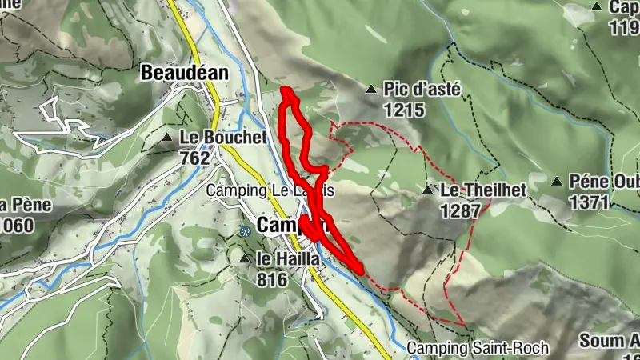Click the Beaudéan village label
coord(184,73)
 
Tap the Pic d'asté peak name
coord(422,90)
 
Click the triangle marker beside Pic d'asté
coord(371,90)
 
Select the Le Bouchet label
coord(223,138)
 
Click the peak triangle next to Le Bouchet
coord(167,138)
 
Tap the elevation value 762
coord(194,158)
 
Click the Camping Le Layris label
coord(269,191)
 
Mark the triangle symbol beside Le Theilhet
coord(429,190)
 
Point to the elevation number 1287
coord(460,210)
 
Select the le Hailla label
coord(288,259)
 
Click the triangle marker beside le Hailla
coord(244,258)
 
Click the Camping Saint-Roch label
coord(478,348)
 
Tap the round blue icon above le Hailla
coord(246,231)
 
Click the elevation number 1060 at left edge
coord(18,225)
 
